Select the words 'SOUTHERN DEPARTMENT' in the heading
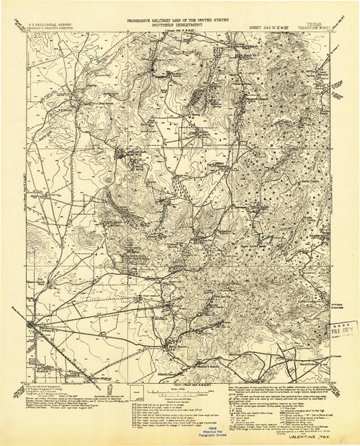179,26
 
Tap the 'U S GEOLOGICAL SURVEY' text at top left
55,22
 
